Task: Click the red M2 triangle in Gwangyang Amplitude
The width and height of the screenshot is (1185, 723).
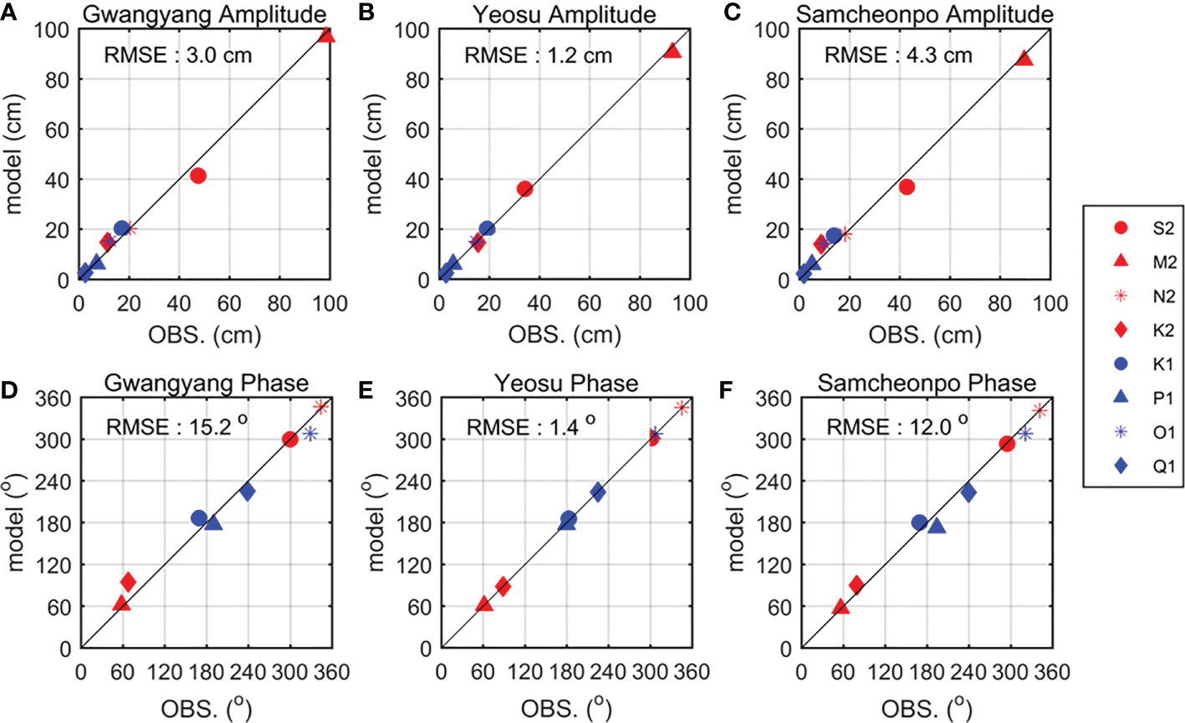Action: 327,35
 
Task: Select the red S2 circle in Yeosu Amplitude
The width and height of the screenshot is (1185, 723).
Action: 524,189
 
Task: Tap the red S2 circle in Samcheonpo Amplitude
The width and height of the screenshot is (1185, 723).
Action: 907,186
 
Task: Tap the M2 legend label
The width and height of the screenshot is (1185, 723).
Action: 1163,262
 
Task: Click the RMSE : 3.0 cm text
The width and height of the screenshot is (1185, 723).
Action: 177,56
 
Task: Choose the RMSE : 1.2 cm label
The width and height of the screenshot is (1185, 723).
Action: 539,56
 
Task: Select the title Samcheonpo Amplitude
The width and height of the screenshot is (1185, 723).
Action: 924,13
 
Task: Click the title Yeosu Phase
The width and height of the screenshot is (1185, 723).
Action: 566,384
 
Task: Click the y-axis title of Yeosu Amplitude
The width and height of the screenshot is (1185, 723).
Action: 373,155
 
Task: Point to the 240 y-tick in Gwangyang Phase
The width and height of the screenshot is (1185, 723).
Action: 56,481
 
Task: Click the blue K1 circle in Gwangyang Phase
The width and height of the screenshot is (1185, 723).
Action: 199,518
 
